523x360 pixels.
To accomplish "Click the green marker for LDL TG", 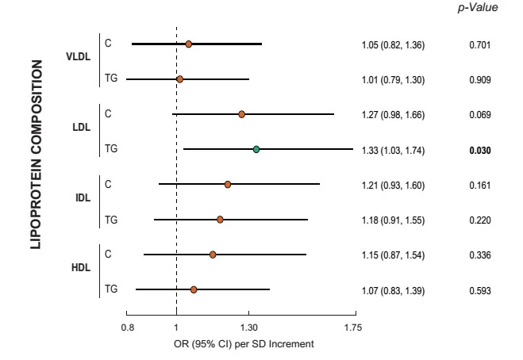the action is point(256,149).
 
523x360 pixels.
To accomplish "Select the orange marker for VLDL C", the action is point(188,44).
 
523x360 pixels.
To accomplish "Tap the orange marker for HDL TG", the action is point(194,289).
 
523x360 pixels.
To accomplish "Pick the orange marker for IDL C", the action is point(228,184).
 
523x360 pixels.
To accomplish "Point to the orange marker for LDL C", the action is point(241,114).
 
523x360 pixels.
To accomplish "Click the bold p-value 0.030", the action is point(480,151).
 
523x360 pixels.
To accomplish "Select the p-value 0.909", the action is point(480,80).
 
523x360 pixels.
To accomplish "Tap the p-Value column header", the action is point(478,8).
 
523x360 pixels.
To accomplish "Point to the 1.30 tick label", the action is point(249,327).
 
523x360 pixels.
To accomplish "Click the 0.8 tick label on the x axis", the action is point(128,327).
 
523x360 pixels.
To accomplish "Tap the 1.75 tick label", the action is point(353,327).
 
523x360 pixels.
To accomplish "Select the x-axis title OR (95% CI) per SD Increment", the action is point(244,343).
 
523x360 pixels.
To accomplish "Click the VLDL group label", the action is point(78,56).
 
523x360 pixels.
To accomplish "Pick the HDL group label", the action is point(81,268).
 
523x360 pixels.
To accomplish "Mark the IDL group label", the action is point(83,197).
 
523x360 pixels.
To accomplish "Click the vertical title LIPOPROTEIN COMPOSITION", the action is point(37,155).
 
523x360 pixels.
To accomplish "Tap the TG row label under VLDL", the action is point(111,78).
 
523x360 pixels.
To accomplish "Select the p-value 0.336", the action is point(480,255).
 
